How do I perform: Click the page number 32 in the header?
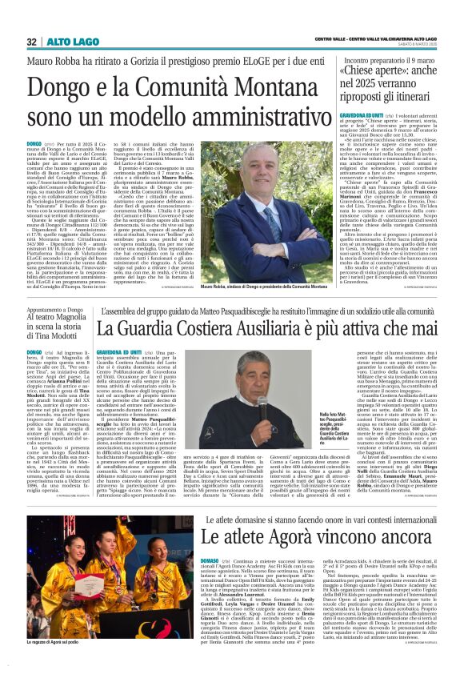click(32, 41)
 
